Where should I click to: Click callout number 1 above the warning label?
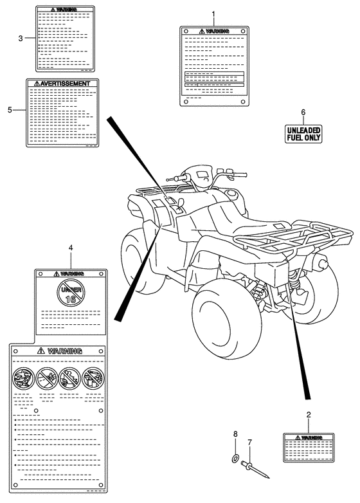(x=213, y=14)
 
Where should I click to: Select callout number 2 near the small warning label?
(x=309, y=415)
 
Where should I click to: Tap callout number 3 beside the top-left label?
(x=21, y=39)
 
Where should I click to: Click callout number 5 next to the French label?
(x=10, y=110)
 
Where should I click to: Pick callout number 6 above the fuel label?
(x=303, y=113)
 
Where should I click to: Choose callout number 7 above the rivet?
(x=249, y=443)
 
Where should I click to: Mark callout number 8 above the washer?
(x=235, y=434)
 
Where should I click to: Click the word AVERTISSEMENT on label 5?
(x=66, y=84)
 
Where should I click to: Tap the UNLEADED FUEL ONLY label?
(x=303, y=134)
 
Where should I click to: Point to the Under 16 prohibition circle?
(x=71, y=291)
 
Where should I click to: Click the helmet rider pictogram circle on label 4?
(x=23, y=378)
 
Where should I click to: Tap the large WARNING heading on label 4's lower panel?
(x=64, y=351)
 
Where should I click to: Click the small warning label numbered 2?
(x=309, y=448)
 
